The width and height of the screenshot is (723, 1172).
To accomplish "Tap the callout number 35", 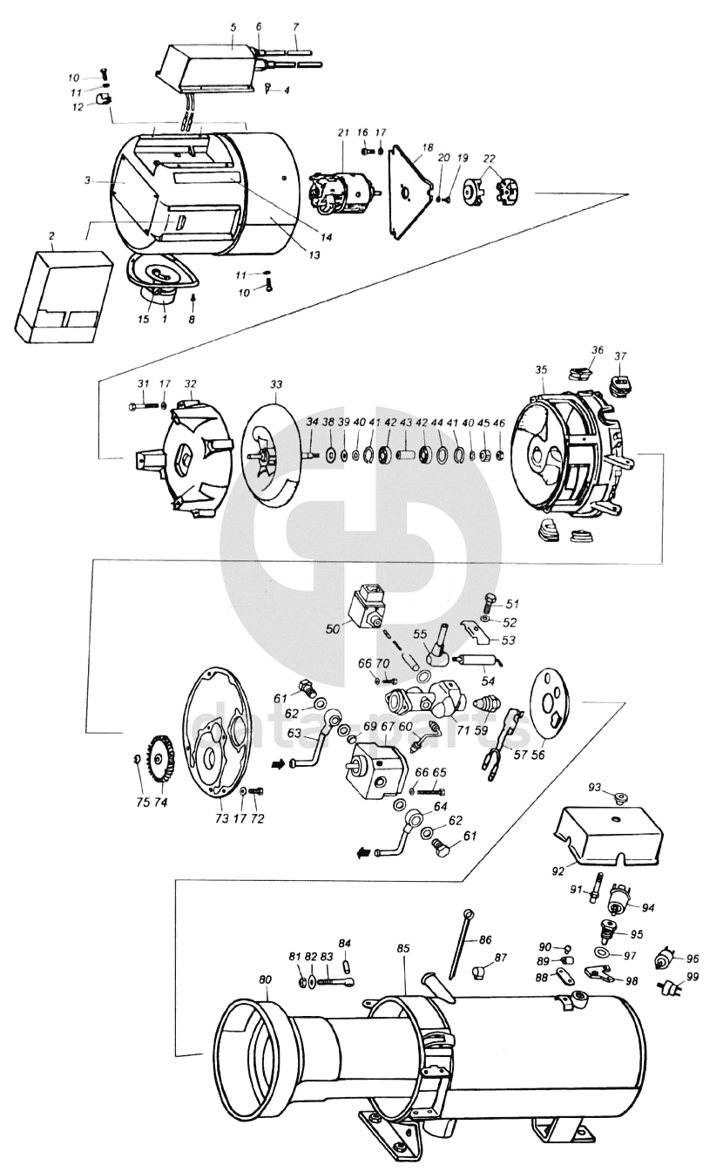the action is pos(541,370).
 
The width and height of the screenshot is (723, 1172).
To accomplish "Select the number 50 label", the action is pos(333,628).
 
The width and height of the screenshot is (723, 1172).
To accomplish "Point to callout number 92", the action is pos(557,871).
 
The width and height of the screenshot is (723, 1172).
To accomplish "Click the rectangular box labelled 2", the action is pos(64,296).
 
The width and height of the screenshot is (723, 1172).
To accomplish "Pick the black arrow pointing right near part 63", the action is pos(280,765).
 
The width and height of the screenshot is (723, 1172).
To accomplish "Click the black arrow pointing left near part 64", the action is pos(366,853).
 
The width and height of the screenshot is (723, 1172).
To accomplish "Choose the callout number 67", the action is pos(388,727).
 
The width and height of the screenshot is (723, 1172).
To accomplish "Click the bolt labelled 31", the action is pos(142,405).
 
